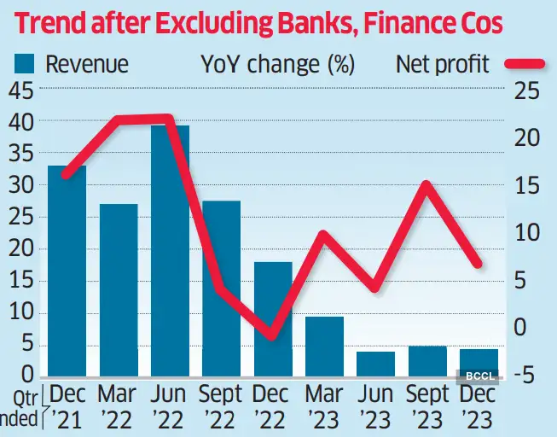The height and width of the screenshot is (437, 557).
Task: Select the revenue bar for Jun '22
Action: coord(170,251)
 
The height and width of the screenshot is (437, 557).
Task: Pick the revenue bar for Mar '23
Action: coord(324,347)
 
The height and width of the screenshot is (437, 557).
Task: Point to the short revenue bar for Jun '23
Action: coord(375,364)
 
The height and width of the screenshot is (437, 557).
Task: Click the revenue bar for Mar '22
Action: coord(118,290)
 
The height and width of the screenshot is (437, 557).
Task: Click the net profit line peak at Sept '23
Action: coord(427,184)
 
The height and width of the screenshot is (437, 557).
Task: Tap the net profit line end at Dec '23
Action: coord(479,264)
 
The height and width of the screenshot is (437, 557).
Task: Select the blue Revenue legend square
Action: coord(23,64)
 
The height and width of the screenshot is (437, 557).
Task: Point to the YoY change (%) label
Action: coord(278,64)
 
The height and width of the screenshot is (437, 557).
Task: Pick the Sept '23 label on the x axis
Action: coord(426,407)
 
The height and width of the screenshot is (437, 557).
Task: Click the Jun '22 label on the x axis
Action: coord(170,407)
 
